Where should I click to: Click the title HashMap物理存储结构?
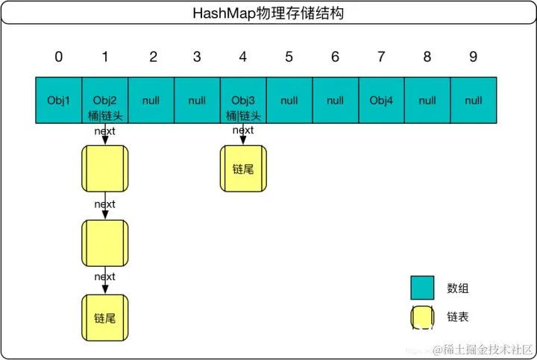[268, 13]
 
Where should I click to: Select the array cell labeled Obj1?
[58, 100]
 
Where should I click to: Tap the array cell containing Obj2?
[105, 100]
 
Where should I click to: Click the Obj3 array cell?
[243, 100]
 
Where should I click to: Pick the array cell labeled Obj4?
[381, 100]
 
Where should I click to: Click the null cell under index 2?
[151, 100]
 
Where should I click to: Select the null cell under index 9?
[473, 100]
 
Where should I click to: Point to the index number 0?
[58, 57]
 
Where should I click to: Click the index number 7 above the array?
[381, 57]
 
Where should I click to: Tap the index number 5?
[289, 57]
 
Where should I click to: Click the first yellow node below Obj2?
[105, 168]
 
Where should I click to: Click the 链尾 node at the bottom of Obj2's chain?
[105, 318]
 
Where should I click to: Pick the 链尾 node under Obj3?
[243, 168]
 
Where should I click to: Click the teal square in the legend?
[422, 288]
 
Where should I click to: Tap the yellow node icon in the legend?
[422, 318]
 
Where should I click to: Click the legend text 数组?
[457, 288]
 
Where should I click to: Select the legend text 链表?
[457, 318]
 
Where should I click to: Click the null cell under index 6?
[335, 100]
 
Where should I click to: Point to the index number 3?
[197, 57]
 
